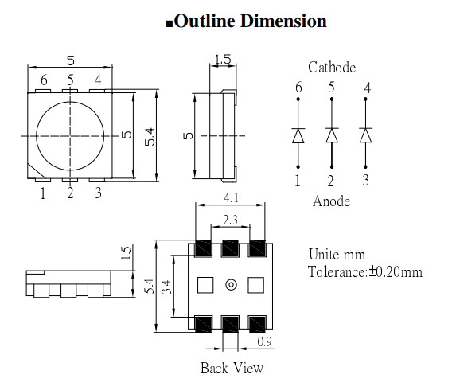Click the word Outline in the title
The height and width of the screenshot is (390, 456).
[206, 21]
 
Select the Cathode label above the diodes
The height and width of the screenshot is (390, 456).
[332, 68]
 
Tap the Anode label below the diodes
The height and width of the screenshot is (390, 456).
[330, 201]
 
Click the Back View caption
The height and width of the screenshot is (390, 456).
[232, 368]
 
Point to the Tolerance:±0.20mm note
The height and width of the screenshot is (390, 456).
[364, 271]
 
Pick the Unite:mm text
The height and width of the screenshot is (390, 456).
[336, 255]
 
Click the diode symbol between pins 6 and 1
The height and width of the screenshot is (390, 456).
[298, 135]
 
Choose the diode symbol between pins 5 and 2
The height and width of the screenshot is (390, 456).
[332, 135]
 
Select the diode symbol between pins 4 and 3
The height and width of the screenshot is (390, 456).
[366, 135]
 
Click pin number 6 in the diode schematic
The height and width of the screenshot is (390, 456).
[298, 88]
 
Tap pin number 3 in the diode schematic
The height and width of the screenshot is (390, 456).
[366, 181]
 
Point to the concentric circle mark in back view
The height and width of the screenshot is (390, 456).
[232, 284]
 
